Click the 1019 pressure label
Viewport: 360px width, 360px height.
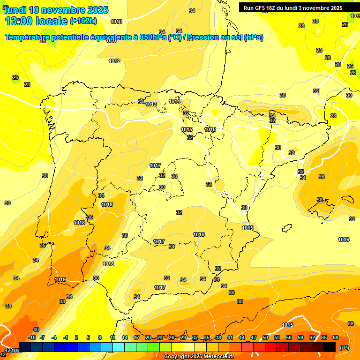point(60,279)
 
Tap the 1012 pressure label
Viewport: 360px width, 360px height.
point(114,61)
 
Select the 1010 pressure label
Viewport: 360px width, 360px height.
point(116,22)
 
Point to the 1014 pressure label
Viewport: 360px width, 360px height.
point(175,101)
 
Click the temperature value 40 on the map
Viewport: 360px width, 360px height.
point(36,330)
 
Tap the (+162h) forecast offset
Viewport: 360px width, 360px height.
point(83,21)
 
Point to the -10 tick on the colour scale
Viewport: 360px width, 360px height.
point(32,337)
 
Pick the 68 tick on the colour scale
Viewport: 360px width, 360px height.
point(336,337)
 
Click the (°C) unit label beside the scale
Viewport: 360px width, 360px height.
point(345,348)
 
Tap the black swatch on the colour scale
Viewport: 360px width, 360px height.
point(330,347)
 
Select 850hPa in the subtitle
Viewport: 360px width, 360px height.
point(153,37)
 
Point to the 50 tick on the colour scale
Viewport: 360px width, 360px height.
point(265,337)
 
